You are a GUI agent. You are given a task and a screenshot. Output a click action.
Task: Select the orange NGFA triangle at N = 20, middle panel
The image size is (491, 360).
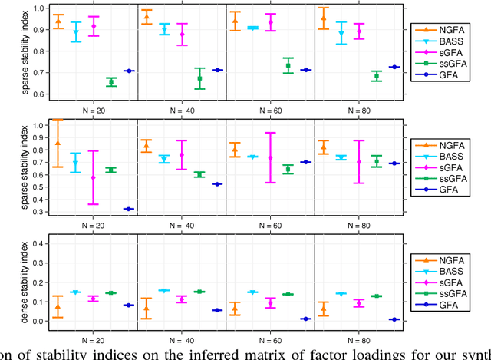tap(57, 144)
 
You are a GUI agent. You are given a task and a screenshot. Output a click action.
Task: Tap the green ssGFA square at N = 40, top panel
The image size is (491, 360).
tap(199, 78)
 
